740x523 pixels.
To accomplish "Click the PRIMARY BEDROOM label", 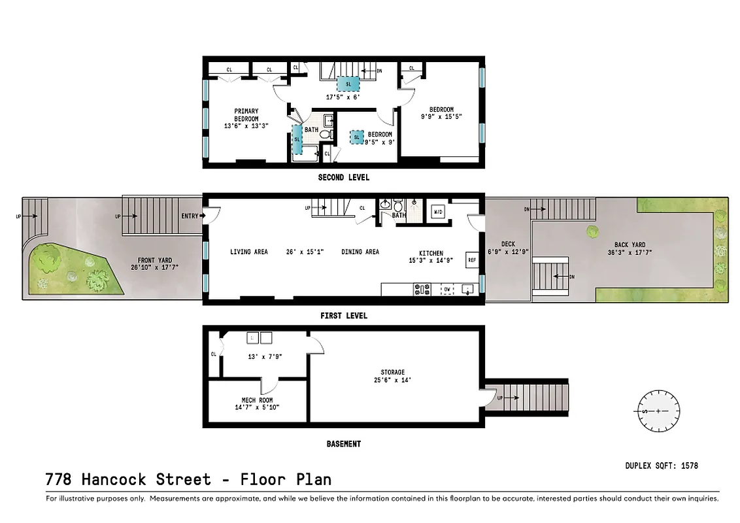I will click(246, 115).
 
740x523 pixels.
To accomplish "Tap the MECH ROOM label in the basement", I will click(257, 400).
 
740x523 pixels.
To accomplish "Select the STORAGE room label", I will click(392, 373).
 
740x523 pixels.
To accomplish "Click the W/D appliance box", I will click(439, 212).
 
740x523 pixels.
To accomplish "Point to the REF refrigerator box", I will click(471, 260).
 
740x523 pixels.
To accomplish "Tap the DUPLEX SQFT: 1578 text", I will click(661, 465).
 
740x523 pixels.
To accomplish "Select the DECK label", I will click(508, 245).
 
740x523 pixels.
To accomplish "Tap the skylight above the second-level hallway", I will click(348, 84).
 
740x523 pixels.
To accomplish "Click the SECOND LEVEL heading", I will click(343, 177).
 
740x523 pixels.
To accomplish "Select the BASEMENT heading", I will click(343, 444).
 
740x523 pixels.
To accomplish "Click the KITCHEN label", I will click(431, 254).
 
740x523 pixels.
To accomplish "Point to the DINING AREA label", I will click(360, 252).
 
